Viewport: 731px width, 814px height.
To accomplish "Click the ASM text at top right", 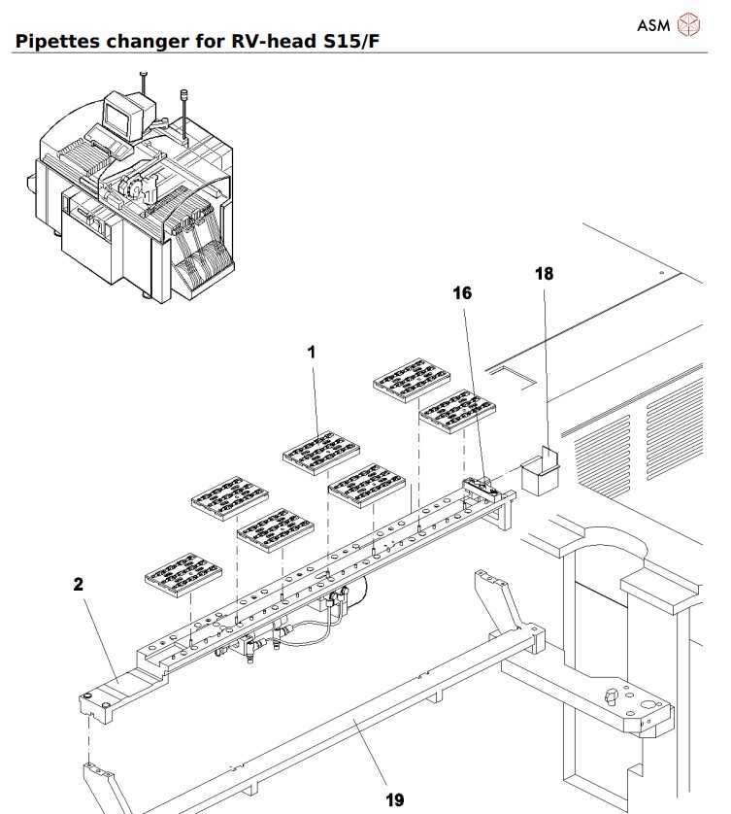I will tap(653, 25).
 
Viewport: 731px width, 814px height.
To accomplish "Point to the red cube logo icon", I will tap(688, 24).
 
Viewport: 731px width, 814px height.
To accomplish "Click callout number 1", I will tap(312, 354).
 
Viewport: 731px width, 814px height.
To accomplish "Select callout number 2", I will tap(78, 585).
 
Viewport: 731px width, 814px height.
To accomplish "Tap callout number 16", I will tap(462, 292).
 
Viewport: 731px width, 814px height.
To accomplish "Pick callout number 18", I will tap(545, 274).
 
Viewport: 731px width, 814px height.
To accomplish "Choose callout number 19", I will tap(394, 799).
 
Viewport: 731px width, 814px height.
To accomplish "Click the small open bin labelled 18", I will tap(544, 473).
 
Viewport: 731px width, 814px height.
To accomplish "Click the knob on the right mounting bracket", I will tap(611, 695).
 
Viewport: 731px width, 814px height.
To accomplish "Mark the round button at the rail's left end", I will tap(90, 696).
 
